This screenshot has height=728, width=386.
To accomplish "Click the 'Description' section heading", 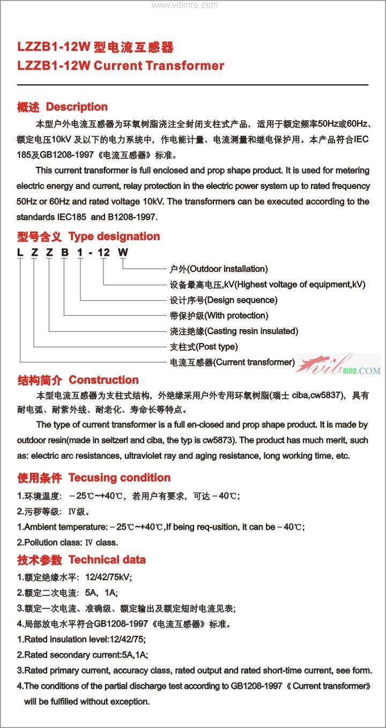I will click(77, 107).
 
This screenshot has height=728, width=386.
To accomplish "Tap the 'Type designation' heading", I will click(114, 236).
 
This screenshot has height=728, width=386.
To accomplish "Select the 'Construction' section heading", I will click(103, 380).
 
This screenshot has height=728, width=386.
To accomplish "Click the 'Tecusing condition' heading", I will click(119, 478).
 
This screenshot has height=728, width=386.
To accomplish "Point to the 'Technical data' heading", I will click(107, 560).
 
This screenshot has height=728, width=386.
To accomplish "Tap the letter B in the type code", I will click(64, 252).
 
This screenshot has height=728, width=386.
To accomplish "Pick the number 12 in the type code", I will click(103, 252).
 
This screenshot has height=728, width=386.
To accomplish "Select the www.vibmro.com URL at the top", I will click(185, 5).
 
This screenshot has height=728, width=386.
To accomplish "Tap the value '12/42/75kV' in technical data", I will click(108, 577).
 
